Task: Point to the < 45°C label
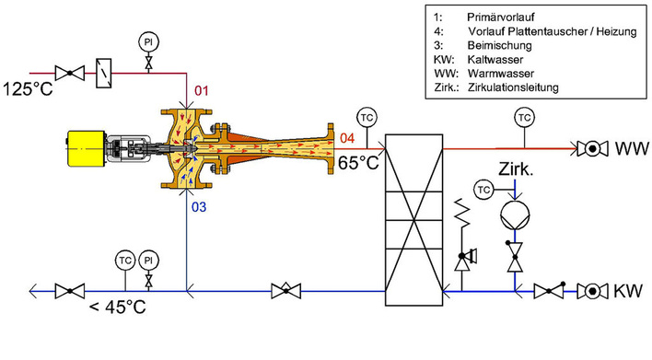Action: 118,306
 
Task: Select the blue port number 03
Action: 200,207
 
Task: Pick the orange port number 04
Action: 344,138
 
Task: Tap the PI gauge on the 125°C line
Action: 147,41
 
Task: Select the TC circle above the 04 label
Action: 367,118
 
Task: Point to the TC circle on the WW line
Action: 524,118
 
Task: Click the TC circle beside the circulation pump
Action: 484,189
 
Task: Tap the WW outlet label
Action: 630,147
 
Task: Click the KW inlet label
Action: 630,291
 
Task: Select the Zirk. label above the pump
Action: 516,171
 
